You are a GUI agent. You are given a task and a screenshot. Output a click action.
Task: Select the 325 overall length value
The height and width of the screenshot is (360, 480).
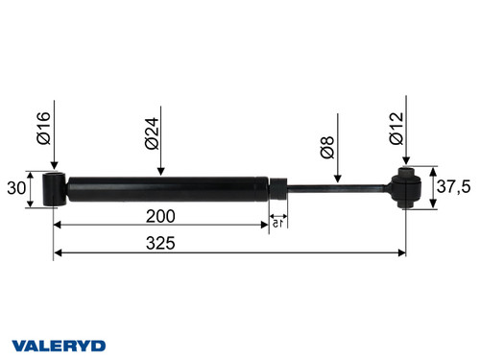tap(160, 244)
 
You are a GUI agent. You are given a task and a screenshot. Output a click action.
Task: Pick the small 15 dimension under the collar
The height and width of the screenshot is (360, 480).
tap(277, 223)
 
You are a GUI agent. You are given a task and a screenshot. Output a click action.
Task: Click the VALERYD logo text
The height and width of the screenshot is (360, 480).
tap(58, 344)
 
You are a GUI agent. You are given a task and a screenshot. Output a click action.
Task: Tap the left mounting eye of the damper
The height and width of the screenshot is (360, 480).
tap(57, 188)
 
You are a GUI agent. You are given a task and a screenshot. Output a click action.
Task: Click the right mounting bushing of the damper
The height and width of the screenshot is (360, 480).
tap(406, 188)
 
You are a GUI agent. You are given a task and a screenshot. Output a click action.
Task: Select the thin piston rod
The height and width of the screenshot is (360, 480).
tap(336, 187)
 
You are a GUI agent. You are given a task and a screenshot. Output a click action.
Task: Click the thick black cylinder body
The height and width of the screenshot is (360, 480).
tap(163, 187)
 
